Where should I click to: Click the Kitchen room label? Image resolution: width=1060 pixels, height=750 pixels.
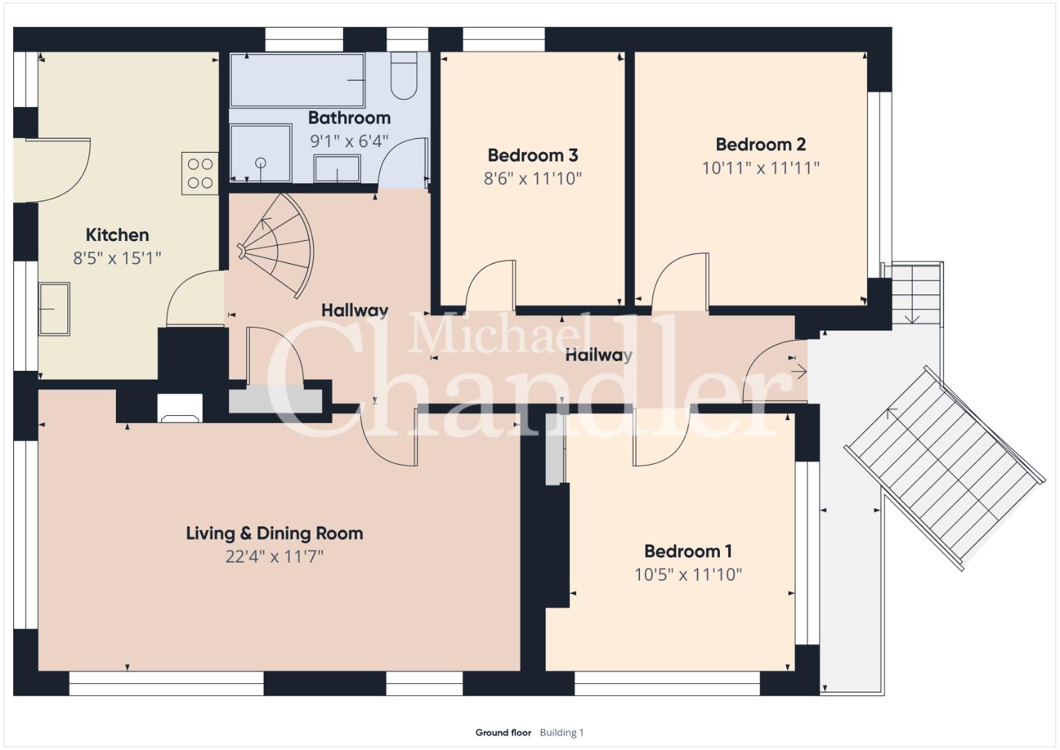(x=117, y=235)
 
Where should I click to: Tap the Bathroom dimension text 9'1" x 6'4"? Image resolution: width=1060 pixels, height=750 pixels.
(x=349, y=141)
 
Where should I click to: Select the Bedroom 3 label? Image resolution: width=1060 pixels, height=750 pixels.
(x=533, y=156)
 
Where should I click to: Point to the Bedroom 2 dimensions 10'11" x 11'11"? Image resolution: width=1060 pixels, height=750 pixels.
(x=760, y=168)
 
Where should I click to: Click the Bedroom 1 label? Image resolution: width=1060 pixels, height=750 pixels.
(x=688, y=551)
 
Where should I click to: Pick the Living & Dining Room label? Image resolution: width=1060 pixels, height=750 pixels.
(x=274, y=533)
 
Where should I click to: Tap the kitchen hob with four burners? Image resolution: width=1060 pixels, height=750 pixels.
(x=200, y=174)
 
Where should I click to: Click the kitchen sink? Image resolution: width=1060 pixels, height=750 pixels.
(x=54, y=309)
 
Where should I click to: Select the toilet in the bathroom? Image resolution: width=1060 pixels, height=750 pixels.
(x=403, y=76)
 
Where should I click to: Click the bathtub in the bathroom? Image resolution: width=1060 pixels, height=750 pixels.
(x=297, y=80)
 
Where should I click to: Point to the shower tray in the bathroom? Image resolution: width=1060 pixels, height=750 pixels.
(x=260, y=153)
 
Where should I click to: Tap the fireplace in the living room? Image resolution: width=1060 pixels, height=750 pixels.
(x=180, y=408)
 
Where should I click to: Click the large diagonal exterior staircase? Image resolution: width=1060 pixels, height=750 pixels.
(x=944, y=468)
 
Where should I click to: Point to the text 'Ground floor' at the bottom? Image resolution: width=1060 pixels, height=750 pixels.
(x=503, y=733)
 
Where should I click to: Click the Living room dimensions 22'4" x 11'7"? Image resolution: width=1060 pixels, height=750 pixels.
(x=274, y=557)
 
